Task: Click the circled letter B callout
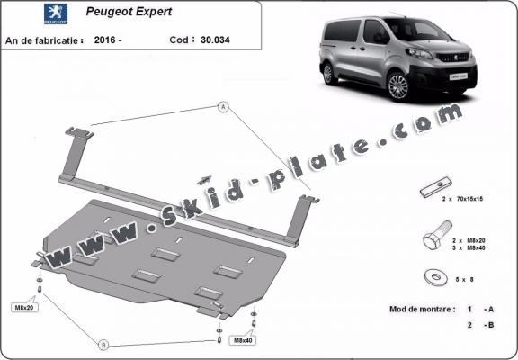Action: [x=103, y=345]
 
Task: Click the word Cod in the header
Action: [x=179, y=40]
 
